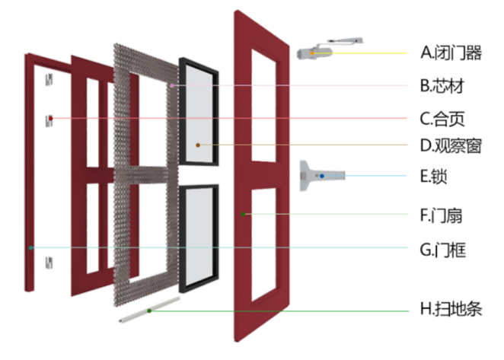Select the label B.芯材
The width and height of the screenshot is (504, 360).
click(442, 85)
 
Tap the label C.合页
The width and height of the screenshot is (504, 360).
click(442, 119)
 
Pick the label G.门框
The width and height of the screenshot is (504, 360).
click(443, 248)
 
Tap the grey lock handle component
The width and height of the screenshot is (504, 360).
click(322, 176)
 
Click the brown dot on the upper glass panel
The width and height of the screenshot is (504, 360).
click(198, 144)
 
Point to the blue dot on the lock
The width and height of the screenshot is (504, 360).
click(321, 177)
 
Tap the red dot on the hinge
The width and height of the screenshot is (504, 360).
click(51, 118)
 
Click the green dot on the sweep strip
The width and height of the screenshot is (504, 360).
click(149, 311)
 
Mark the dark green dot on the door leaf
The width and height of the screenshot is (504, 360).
click(244, 215)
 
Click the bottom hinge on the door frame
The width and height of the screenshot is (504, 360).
click(50, 263)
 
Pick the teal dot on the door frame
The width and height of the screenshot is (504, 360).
click(31, 247)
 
